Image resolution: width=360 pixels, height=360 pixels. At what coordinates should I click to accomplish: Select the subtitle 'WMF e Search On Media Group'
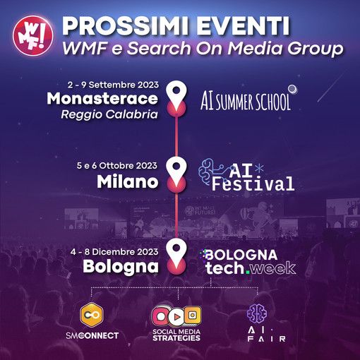pos(202,51)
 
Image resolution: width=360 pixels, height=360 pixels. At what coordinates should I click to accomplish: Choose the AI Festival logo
pos(247,175)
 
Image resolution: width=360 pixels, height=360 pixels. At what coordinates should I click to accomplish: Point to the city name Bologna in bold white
pos(121,268)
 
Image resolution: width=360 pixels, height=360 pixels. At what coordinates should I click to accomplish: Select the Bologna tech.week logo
pos(247,260)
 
